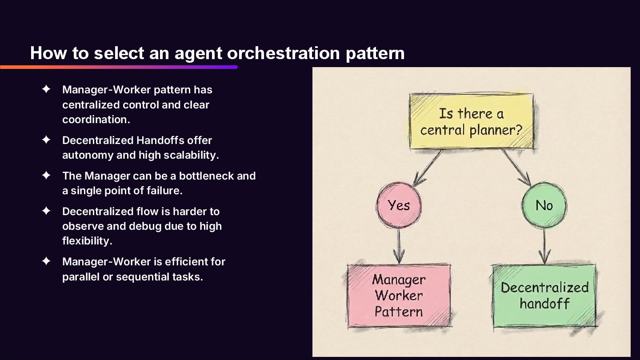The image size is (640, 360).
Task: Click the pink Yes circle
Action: [x=399, y=205]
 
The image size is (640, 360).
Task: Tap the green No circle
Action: [x=544, y=205]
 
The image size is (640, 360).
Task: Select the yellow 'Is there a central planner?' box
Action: [x=471, y=121]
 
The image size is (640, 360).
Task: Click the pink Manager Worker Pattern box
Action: [x=399, y=296]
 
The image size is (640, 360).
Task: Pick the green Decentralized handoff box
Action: [x=544, y=296]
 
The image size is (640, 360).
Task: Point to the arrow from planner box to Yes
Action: [x=427, y=168]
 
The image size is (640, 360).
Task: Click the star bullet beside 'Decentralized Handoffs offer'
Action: [x=46, y=140]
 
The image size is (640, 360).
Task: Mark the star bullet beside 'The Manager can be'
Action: [x=46, y=176]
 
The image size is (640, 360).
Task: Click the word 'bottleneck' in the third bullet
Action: [x=201, y=176]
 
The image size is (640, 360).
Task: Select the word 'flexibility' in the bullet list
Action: [x=87, y=240]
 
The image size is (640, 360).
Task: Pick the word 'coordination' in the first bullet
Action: [x=96, y=120]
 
